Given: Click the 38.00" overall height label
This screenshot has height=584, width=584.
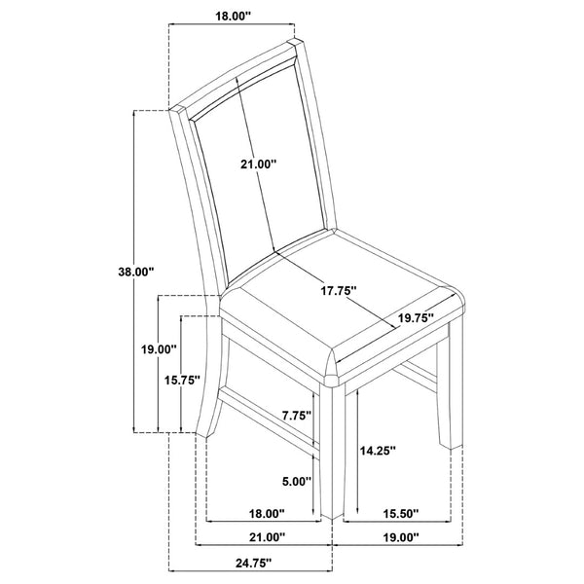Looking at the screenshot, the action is pyautogui.click(x=136, y=272).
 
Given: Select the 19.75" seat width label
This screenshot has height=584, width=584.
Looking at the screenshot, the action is pyautogui.click(x=416, y=317).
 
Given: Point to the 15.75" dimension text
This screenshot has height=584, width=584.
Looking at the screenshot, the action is pyautogui.click(x=183, y=381).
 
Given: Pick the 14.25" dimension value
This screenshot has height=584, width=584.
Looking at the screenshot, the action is pyautogui.click(x=378, y=451).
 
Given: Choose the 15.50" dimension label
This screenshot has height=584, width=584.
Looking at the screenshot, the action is pyautogui.click(x=401, y=514).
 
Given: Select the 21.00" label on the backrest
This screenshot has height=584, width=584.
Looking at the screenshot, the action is pyautogui.click(x=258, y=164).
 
